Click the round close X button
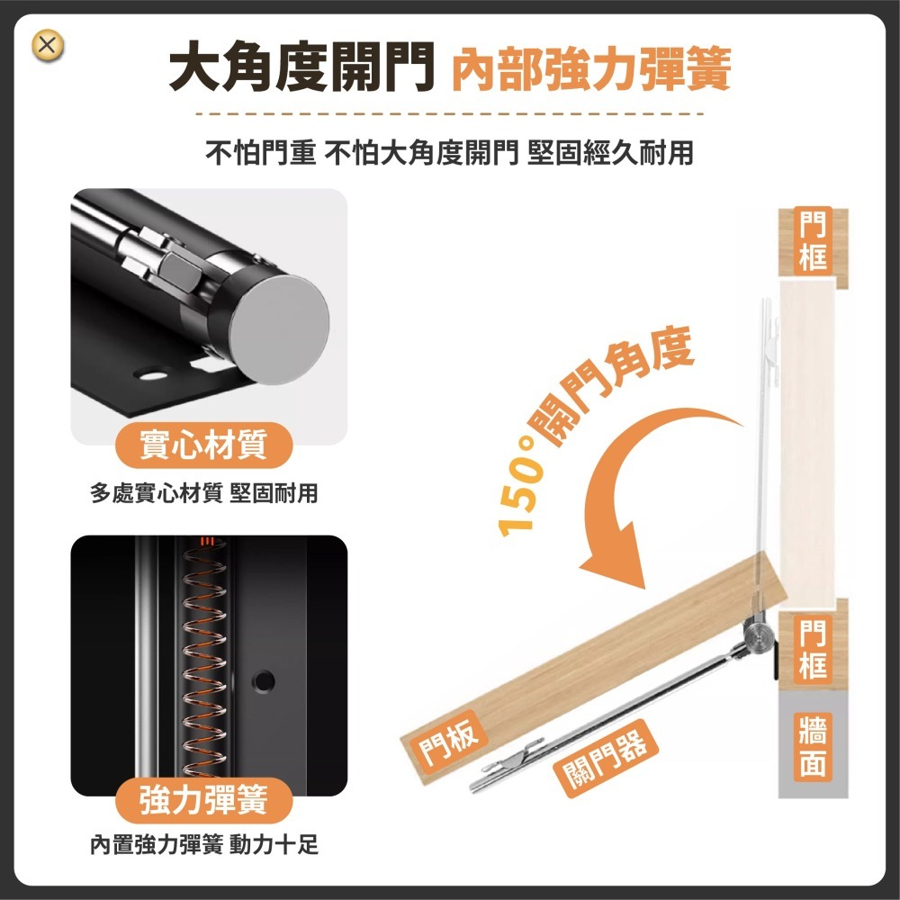[x=49, y=46]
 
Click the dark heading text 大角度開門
[x=302, y=71]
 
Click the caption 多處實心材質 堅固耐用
[x=204, y=492]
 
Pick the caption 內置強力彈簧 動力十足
[x=204, y=845]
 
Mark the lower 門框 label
[x=813, y=650]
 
